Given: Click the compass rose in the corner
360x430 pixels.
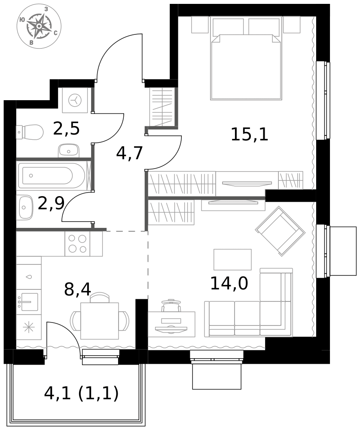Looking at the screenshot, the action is (39, 26).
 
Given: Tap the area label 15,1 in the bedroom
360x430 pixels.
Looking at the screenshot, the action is (249, 134).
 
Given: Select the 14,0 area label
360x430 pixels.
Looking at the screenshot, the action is (229, 283).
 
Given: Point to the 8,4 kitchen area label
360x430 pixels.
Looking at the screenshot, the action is (77, 289).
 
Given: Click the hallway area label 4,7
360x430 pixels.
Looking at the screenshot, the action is (129, 153).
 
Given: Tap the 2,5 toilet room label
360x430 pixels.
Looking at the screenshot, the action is (66, 128).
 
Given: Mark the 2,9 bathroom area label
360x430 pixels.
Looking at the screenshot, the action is (51, 203).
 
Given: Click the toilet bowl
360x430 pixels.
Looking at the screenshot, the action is (30, 132).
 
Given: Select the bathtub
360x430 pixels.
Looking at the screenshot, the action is (52, 175).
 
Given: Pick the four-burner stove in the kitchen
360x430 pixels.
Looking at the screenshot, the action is (77, 243).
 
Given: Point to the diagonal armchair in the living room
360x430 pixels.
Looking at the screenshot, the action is (280, 231).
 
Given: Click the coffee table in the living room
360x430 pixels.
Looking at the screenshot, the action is (232, 259).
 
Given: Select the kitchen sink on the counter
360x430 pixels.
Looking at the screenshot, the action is (29, 302).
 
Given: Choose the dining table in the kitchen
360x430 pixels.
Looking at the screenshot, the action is (100, 321).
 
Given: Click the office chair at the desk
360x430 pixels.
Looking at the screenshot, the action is (171, 305).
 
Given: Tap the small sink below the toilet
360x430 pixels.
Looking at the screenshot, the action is (68, 150).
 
